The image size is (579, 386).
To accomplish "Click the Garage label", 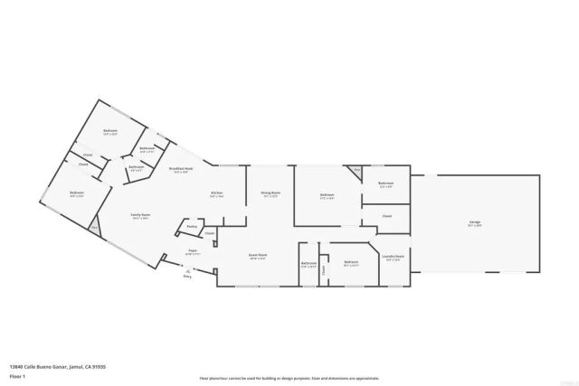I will click(473, 222).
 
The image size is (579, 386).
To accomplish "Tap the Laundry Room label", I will click(393, 257).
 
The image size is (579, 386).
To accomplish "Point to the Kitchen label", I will click(217, 193).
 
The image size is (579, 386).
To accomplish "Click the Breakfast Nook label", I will click(179, 170).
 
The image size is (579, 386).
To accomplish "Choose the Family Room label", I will click(141, 216).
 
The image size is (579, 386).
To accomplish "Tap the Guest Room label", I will click(258, 256).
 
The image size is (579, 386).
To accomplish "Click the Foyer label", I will click(193, 251).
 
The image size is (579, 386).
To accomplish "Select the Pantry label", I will click(192, 227).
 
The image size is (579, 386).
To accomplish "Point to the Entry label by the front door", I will click(187, 277).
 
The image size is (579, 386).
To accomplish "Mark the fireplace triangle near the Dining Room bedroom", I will click(356, 170).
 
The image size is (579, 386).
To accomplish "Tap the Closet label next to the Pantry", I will click(209, 233).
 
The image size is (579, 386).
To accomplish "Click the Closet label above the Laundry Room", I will click(386, 216).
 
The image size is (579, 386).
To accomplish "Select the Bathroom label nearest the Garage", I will click(385, 184).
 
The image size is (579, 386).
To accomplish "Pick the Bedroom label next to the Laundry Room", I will click(352, 264).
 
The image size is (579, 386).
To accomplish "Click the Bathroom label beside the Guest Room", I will click(308, 264).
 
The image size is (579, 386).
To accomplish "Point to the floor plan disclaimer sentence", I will click(289, 378).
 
